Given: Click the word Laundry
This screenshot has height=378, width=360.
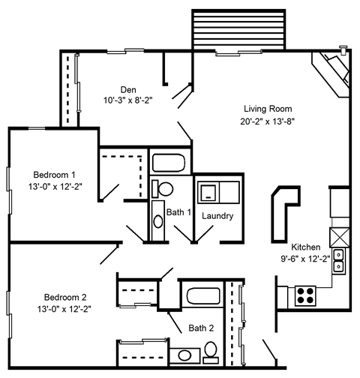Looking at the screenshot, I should coord(217,216).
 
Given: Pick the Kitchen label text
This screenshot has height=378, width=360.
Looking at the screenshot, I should coord(307,247).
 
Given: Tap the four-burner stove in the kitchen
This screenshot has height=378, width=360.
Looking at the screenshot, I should coord(307,294).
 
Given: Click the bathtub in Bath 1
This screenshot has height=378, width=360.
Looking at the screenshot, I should coord(170,162).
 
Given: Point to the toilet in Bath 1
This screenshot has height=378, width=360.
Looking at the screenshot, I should coord(164,189).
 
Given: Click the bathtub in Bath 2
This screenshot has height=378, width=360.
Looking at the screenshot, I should coord(201,295).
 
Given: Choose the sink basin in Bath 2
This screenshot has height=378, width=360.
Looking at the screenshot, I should coord(184,352).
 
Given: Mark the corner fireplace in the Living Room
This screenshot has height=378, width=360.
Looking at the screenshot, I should coord(332,73).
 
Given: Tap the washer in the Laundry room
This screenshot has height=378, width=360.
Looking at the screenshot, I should coord(208,192).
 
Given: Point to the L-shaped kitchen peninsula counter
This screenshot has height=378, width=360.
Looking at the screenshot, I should coord(284,209).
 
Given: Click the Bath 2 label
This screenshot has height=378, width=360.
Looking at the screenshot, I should coord(201,328).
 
